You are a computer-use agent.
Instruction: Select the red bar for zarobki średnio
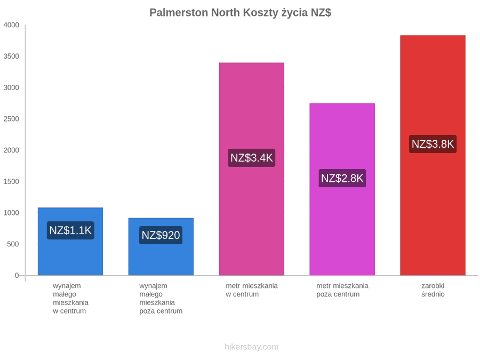pyautogui.click(x=433, y=155)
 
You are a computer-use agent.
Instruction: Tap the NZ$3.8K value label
pyautogui.click(x=433, y=144)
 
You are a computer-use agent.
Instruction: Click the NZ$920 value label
pyautogui.click(x=161, y=235)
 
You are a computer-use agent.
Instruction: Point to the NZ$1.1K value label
pyautogui.click(x=70, y=230)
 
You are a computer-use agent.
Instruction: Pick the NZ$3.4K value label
pyautogui.click(x=252, y=158)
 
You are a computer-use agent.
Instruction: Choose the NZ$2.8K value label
pyautogui.click(x=342, y=178)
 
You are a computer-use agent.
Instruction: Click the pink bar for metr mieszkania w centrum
pyautogui.click(x=252, y=169)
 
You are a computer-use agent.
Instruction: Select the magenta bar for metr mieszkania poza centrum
pyautogui.click(x=342, y=189)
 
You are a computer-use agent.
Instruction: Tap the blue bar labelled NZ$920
pyautogui.click(x=161, y=246)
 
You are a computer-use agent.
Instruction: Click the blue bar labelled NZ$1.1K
pyautogui.click(x=70, y=242)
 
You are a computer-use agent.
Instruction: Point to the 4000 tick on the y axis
pyautogui.click(x=11, y=25)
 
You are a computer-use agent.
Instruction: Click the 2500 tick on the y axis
pyautogui.click(x=11, y=119)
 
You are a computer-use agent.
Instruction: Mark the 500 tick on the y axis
pyautogui.click(x=13, y=244)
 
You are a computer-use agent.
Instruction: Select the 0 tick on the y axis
pyautogui.click(x=17, y=275)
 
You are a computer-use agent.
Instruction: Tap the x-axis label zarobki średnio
pyautogui.click(x=433, y=290)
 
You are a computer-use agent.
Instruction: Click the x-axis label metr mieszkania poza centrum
pyautogui.click(x=342, y=290)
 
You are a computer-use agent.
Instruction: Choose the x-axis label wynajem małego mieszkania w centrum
pyautogui.click(x=70, y=298)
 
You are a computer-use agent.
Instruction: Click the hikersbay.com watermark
pyautogui.click(x=252, y=347)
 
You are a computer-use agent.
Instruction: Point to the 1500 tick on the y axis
pyautogui.click(x=11, y=181)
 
